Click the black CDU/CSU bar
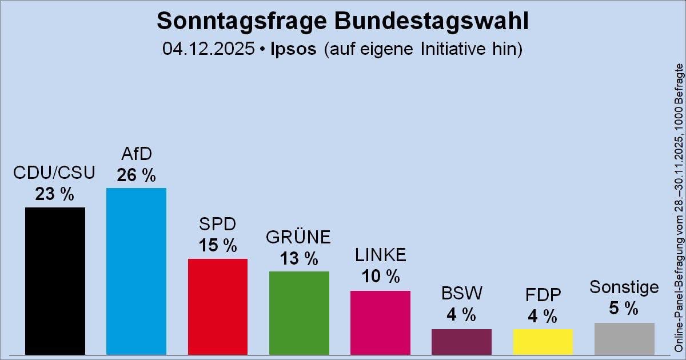pos(55,281)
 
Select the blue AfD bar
pos(136,271)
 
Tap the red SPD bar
pos(218,306)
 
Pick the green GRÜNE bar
pos(299,313)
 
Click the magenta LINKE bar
pos(380,322)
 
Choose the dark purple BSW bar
pos(461,342)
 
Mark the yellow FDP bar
pos(543,342)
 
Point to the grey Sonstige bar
pos(624,338)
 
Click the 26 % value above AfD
pos(136,175)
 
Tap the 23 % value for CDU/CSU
pos(54,195)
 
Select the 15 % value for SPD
pos(217,246)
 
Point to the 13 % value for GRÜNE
pos(298,259)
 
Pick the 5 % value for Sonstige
pos(624,309)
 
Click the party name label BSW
pos(462,294)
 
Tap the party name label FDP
pos(543,295)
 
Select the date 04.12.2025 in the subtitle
pos(208,49)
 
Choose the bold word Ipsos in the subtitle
pos(293,49)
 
